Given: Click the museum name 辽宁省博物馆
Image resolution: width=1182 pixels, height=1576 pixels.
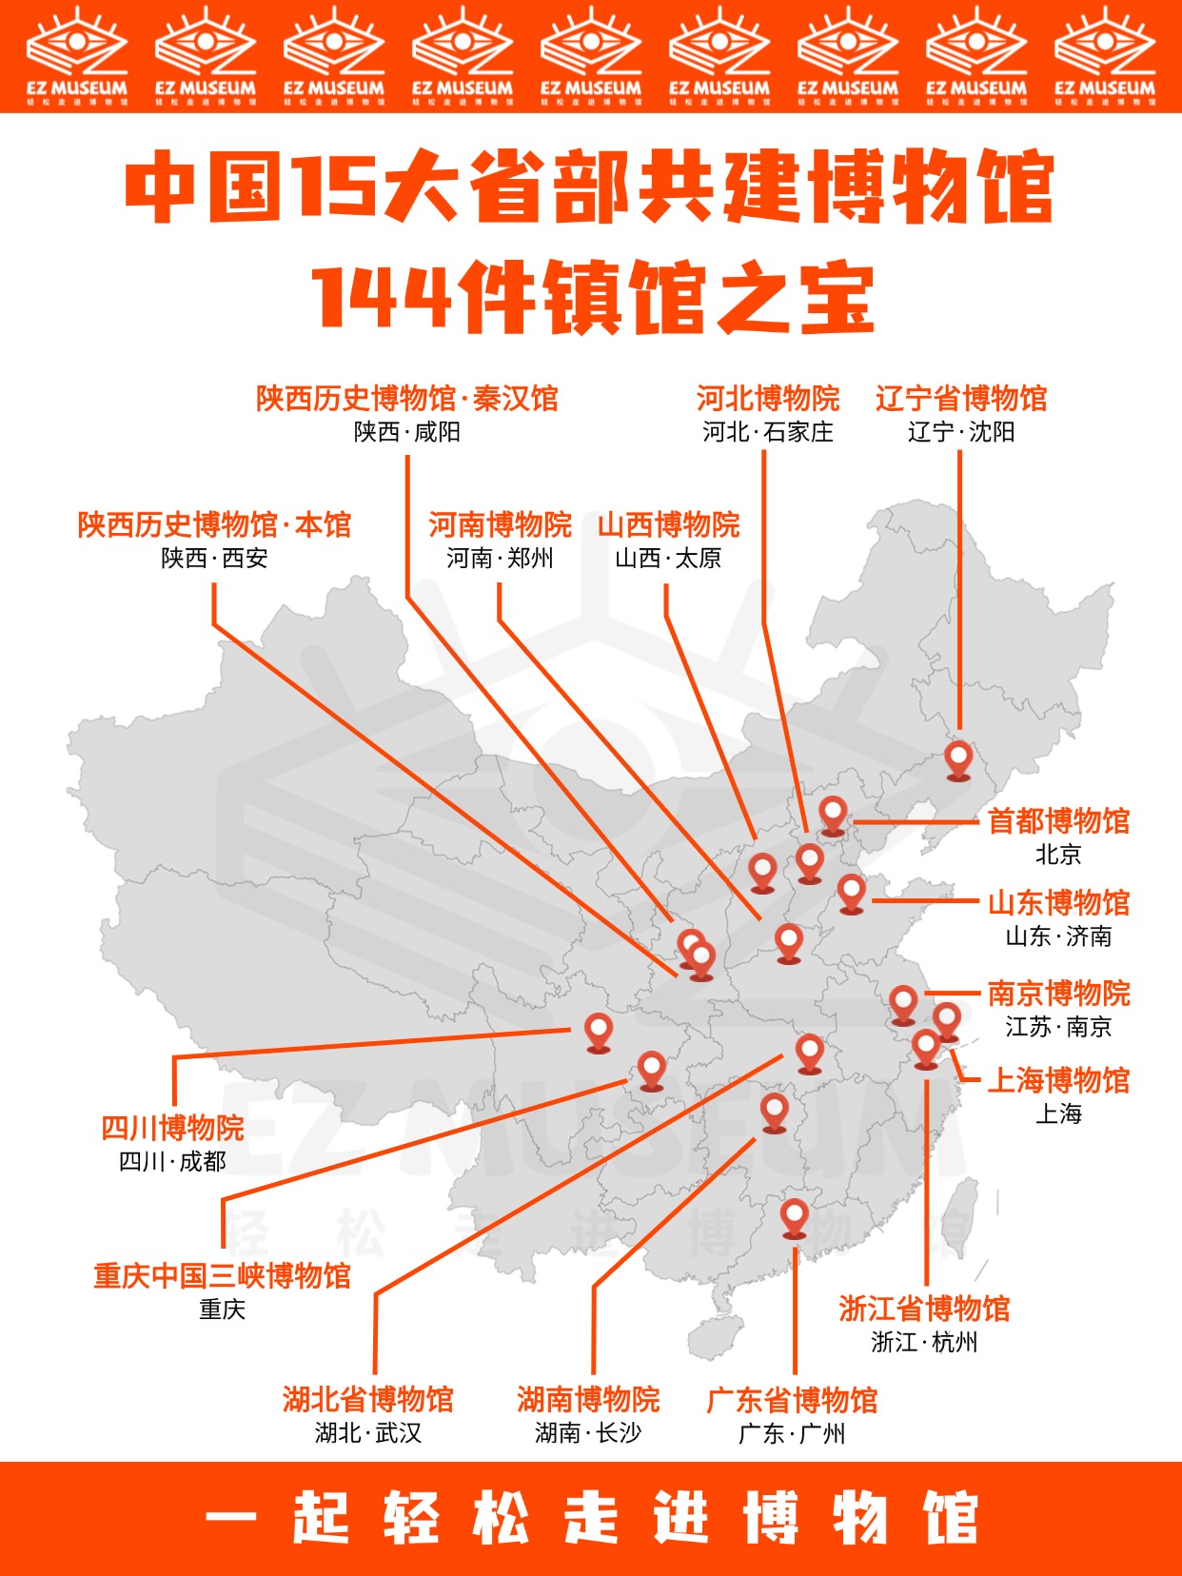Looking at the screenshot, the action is click(x=960, y=398).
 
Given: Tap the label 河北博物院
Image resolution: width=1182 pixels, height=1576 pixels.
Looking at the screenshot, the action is click(x=767, y=398).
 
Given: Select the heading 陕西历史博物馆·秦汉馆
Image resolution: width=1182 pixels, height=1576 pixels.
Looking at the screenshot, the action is click(x=407, y=398).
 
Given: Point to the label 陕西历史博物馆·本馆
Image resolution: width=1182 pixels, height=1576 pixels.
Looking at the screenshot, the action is click(x=214, y=524).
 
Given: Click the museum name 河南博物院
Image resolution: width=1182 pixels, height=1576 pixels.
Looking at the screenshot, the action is click(x=500, y=524).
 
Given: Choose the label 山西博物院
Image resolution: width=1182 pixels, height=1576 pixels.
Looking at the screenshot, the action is click(x=668, y=524).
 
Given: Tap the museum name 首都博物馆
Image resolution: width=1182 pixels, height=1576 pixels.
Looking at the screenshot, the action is click(x=1058, y=820).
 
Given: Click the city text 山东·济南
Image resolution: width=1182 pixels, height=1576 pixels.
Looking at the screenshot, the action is click(x=1058, y=936).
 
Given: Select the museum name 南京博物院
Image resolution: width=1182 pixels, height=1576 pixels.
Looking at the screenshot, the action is click(x=1058, y=994).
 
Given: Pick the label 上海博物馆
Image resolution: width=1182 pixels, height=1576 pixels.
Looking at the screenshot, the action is click(x=1058, y=1080).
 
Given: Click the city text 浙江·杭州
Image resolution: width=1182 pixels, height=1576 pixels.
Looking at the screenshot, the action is click(x=924, y=1342).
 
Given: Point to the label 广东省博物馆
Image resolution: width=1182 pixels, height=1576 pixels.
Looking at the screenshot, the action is click(x=792, y=1400).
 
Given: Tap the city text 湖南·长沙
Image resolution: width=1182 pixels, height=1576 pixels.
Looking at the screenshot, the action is click(x=588, y=1432).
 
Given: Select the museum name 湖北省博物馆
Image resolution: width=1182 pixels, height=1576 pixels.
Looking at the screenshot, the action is click(x=368, y=1399).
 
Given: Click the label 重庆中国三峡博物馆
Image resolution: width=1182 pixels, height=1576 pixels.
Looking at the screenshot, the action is click(x=222, y=1275).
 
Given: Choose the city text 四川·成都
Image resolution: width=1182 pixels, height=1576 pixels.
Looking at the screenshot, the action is click(x=172, y=1161).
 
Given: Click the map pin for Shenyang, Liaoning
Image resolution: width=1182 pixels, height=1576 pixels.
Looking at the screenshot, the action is click(x=958, y=759).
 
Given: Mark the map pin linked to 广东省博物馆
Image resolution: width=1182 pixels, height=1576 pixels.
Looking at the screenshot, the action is click(x=795, y=1217).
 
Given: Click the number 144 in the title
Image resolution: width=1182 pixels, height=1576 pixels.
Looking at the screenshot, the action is click(x=381, y=298).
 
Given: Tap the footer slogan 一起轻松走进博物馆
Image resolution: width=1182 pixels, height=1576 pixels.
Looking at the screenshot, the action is click(x=591, y=1518).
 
